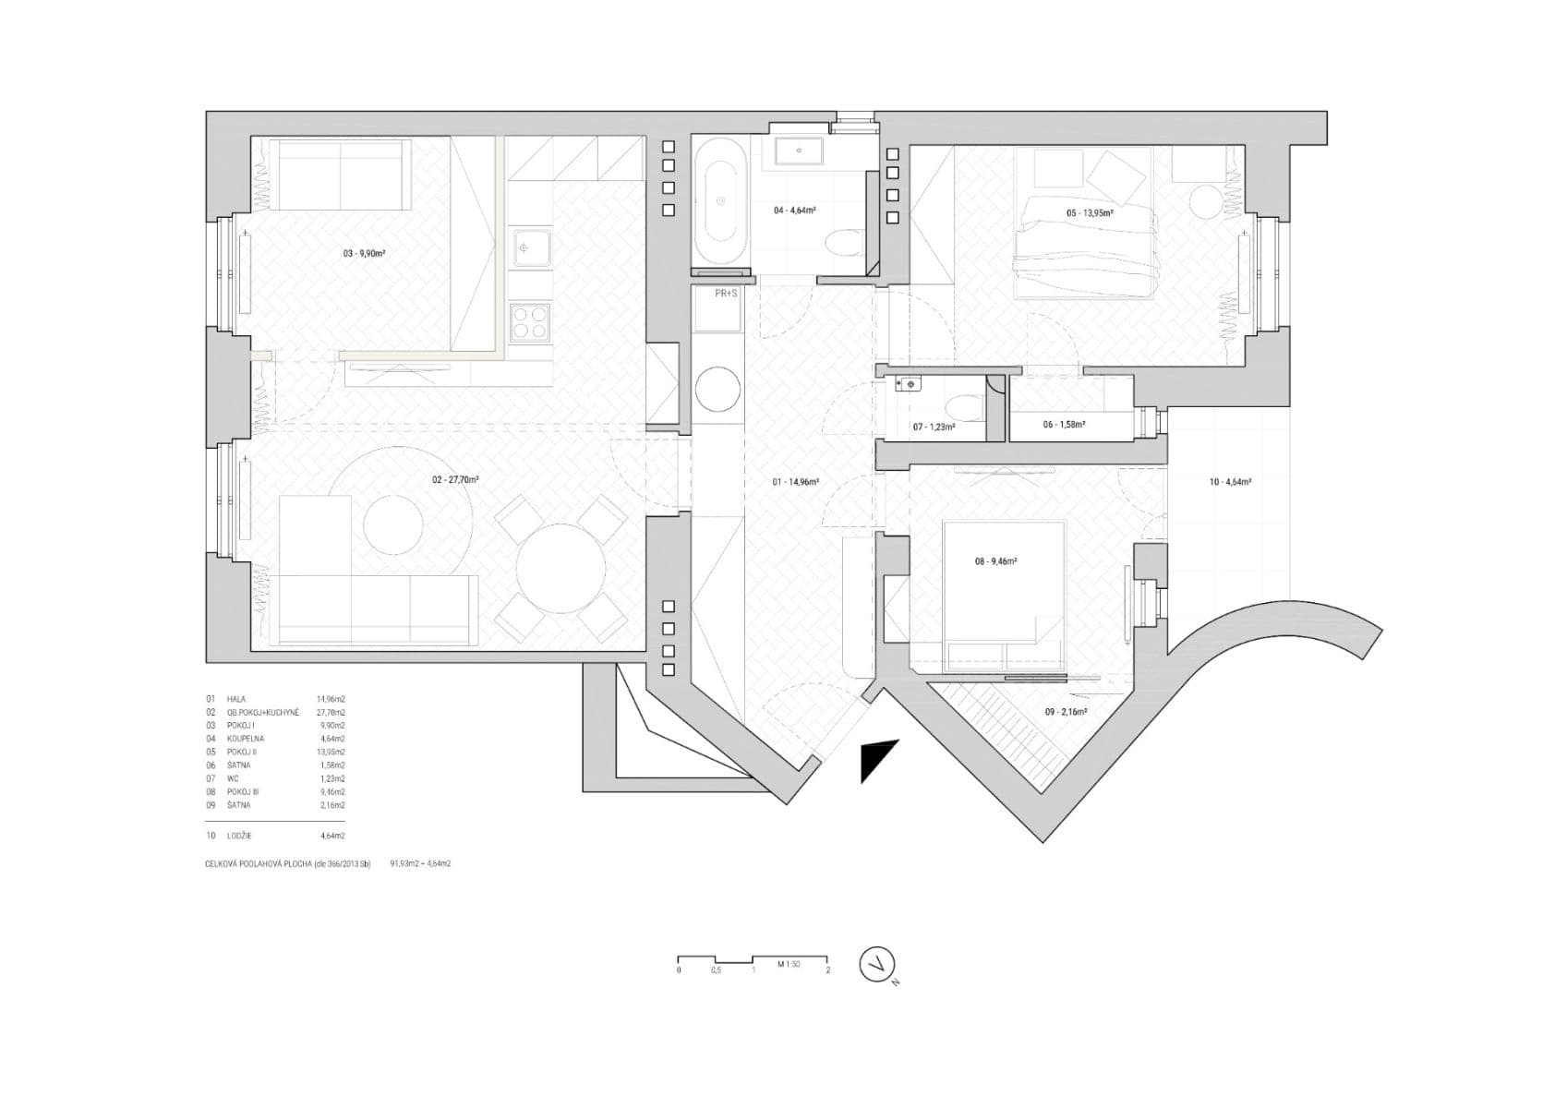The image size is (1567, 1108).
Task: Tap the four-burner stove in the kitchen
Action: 531,324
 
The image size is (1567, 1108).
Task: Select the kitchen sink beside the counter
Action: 530,247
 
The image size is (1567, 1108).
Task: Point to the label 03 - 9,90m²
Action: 365,252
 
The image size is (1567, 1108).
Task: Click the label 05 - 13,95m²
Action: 1090,213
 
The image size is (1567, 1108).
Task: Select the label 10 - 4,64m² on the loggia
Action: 1230,481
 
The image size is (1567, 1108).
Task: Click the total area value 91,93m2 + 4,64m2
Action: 420,864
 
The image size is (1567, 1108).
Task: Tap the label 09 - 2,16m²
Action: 1066,712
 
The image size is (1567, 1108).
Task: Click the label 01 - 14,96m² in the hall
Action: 796,481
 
